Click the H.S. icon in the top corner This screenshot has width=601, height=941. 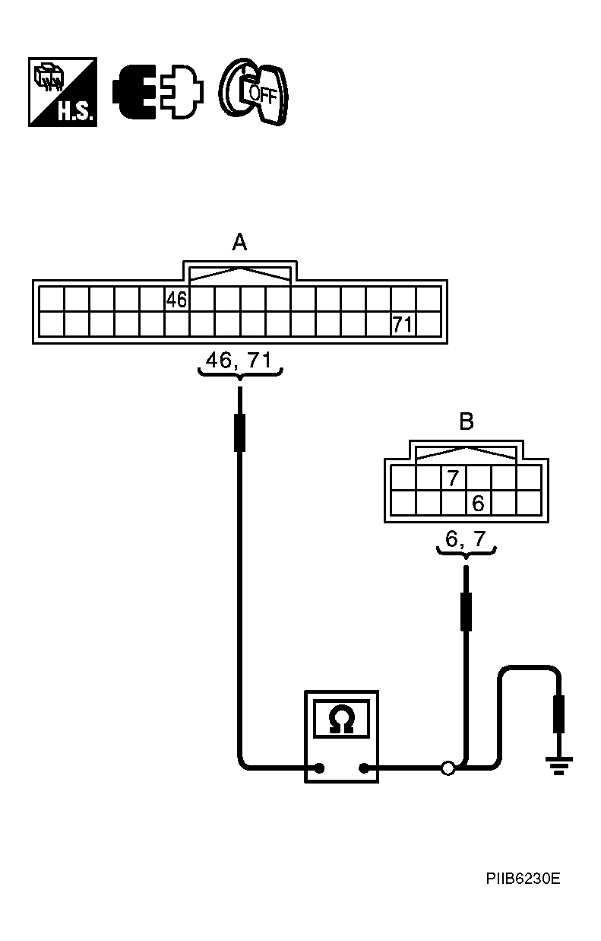(62, 91)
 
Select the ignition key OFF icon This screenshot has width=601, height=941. (254, 91)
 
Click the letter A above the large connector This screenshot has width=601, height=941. (239, 243)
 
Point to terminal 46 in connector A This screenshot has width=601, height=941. (177, 300)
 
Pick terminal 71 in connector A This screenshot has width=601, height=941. (403, 325)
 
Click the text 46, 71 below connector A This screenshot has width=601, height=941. (239, 361)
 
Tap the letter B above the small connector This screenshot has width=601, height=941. (467, 421)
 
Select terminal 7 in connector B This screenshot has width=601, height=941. (454, 478)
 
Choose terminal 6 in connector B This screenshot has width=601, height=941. (479, 503)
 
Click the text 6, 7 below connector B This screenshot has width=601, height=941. (466, 539)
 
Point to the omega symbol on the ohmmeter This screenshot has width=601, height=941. (342, 720)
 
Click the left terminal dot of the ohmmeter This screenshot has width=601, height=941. (320, 768)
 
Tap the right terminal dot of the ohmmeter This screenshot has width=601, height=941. (364, 768)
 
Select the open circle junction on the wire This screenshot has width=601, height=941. (448, 768)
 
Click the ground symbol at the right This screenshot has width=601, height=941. (560, 764)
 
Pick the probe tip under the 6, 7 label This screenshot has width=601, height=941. (466, 611)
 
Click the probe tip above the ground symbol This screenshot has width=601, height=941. (560, 714)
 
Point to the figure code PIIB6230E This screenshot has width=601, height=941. (524, 879)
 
